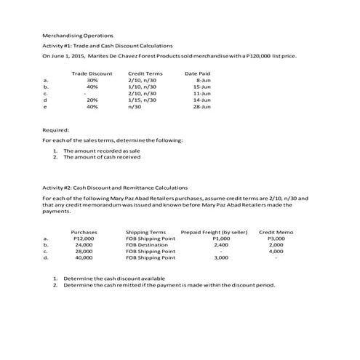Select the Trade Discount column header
tap(92, 73)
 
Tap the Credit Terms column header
tap(145, 73)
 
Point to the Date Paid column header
tap(198, 73)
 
